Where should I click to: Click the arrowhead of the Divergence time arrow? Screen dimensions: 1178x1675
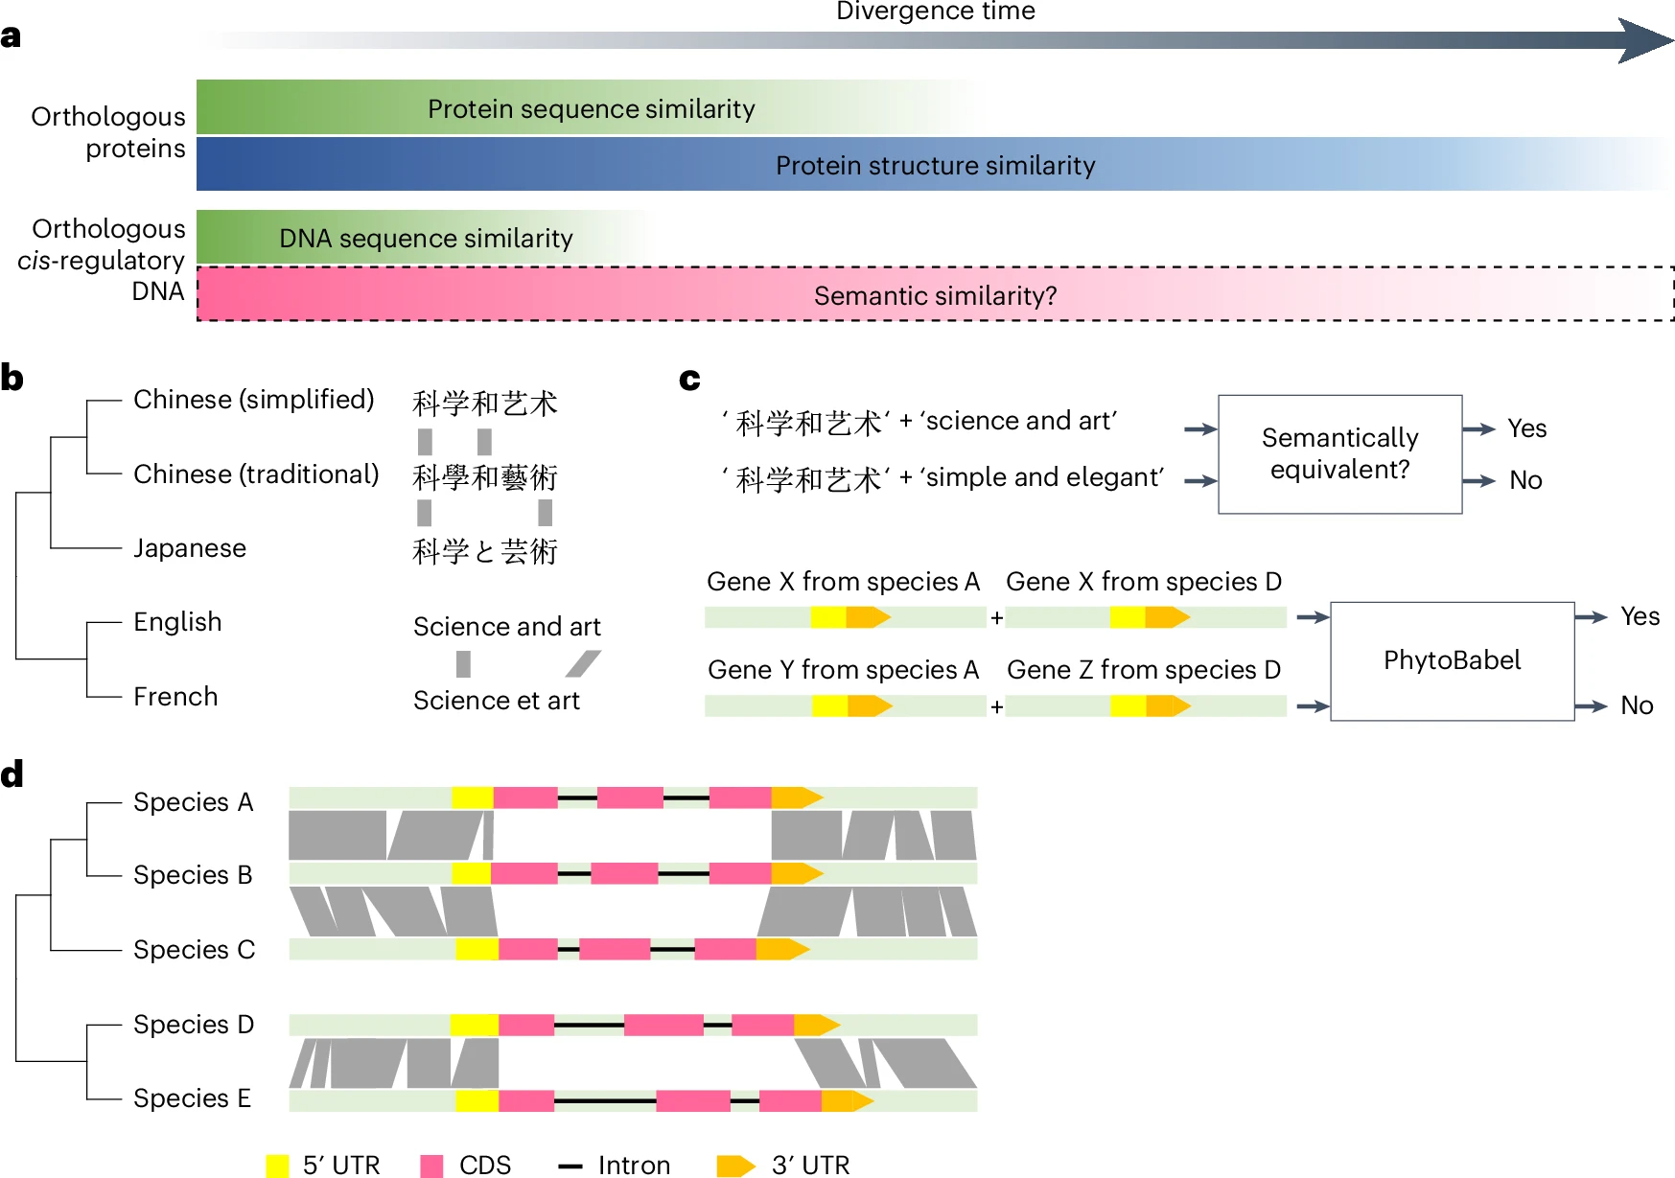pyautogui.click(x=1645, y=40)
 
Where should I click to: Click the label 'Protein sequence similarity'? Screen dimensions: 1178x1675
pyautogui.click(x=591, y=109)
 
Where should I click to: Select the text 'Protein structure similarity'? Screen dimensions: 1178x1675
pyautogui.click(x=935, y=166)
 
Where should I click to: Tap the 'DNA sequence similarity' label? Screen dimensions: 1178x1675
pyautogui.click(x=426, y=239)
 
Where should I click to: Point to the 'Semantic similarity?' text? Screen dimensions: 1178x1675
pyautogui.click(x=935, y=296)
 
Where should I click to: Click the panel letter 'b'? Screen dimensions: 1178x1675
pyautogui.click(x=12, y=379)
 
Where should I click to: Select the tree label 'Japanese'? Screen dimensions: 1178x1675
pyautogui.click(x=190, y=548)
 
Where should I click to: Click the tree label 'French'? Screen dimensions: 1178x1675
pyautogui.click(x=175, y=697)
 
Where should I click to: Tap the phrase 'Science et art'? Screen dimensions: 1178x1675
pyautogui.click(x=496, y=701)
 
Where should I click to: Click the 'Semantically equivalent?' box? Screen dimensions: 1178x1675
pyautogui.click(x=1339, y=454)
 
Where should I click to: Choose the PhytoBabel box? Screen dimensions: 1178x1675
pyautogui.click(x=1452, y=660)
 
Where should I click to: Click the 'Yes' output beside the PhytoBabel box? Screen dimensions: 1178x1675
pyautogui.click(x=1640, y=616)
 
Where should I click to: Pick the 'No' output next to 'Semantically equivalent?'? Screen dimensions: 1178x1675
pyautogui.click(x=1525, y=480)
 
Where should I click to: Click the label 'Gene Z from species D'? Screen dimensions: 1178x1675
pyautogui.click(x=1144, y=670)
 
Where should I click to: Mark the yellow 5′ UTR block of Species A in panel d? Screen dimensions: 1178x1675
pyautogui.click(x=473, y=797)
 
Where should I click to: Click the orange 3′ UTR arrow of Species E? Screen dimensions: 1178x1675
pyautogui.click(x=848, y=1101)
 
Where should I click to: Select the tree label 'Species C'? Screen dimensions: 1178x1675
pyautogui.click(x=194, y=950)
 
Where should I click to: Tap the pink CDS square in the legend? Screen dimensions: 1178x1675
pyautogui.click(x=431, y=1166)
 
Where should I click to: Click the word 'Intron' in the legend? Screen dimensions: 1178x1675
pyautogui.click(x=634, y=1166)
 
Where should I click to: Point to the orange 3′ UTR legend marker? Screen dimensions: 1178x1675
pyautogui.click(x=735, y=1166)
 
